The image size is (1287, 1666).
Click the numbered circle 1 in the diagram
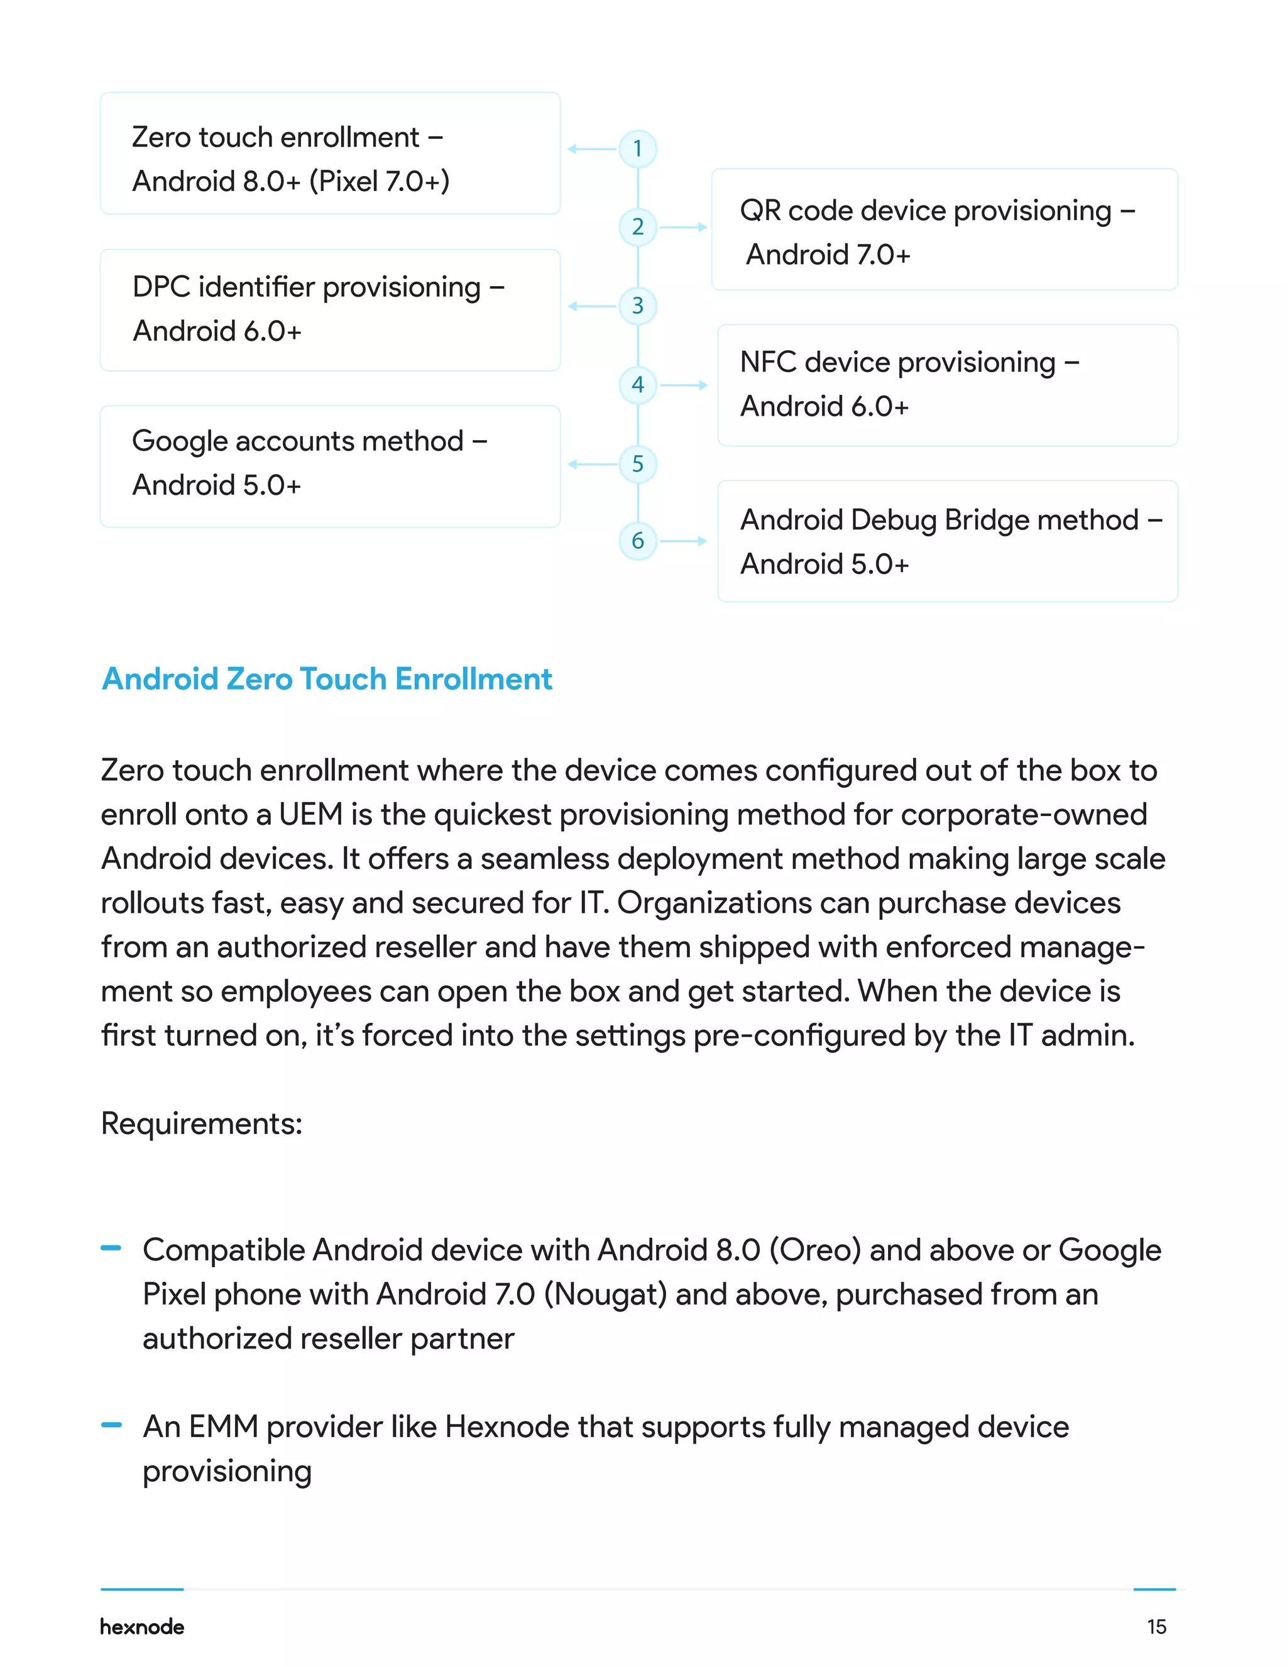tap(637, 149)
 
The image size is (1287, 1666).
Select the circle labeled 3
tap(637, 306)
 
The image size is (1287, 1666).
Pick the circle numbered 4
tap(637, 385)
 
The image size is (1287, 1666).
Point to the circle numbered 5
tap(637, 464)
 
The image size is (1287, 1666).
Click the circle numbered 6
tap(637, 541)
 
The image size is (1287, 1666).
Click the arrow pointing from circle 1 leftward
tap(591, 149)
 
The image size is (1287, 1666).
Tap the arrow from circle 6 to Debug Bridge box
tap(683, 541)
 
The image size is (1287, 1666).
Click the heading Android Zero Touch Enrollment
tap(327, 679)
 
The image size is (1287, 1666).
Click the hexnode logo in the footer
tap(142, 1627)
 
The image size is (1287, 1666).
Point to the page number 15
tap(1156, 1627)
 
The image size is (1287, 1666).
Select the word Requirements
tap(201, 1123)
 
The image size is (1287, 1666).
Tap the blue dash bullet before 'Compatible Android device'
tap(111, 1249)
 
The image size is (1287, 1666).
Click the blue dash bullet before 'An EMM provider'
tap(111, 1424)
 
